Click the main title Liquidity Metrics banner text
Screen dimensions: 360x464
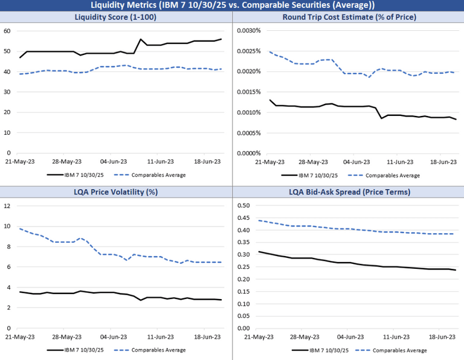232,5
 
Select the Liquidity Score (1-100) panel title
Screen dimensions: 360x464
116,17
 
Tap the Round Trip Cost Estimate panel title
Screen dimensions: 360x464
349,17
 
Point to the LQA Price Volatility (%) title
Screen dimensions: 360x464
116,192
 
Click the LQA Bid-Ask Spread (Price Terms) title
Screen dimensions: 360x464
349,192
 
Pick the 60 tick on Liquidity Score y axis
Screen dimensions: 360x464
8,30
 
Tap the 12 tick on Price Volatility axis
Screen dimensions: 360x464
8,205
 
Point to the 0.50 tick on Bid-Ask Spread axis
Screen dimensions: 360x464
243,205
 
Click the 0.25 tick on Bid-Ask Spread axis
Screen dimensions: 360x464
243,266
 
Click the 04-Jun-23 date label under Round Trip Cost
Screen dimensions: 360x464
357,162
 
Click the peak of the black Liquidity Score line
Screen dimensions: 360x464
140,39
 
